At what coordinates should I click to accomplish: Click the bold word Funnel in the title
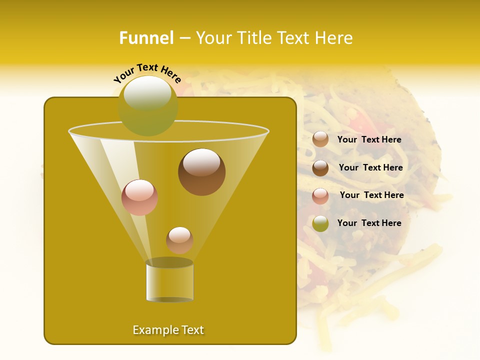tap(146, 38)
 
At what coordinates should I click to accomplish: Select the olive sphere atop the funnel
tap(148, 105)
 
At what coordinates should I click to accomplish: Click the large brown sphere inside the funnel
tap(201, 172)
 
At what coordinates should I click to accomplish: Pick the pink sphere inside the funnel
tap(139, 197)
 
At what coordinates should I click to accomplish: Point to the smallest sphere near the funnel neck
tap(179, 240)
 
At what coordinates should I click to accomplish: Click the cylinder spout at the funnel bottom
tap(169, 281)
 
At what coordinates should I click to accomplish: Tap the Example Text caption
tap(168, 330)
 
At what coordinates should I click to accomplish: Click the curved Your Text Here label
tap(147, 72)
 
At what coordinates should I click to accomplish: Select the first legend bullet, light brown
tap(320, 139)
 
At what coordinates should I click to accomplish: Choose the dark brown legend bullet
tap(320, 168)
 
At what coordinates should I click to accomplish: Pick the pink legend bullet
tap(320, 195)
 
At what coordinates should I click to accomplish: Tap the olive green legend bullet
tap(320, 223)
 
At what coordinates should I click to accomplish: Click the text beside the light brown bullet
tap(369, 139)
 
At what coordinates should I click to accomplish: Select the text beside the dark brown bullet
tap(370, 167)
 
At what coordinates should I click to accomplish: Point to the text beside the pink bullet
tap(371, 195)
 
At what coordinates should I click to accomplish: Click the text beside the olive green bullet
tap(369, 223)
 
